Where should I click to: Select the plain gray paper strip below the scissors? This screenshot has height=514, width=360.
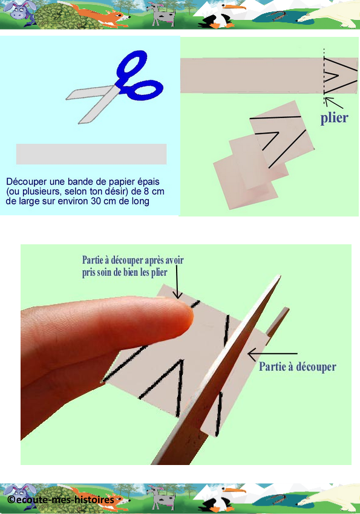coord(91,154)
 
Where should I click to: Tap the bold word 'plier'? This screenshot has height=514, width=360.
coord(334,118)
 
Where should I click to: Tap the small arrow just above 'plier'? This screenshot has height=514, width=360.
coord(334,103)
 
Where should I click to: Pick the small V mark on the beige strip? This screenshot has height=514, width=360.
coord(334,76)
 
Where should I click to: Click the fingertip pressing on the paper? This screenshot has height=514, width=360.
coord(178,314)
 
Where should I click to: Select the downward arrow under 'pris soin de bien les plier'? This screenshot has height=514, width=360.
coord(177,282)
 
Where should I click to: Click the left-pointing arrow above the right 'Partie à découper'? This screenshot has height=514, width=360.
coord(272,354)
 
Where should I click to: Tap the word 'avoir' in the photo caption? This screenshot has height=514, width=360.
coord(174,260)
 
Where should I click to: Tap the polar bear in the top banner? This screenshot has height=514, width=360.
coord(331,15)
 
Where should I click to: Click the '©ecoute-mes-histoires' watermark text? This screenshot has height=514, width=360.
coord(61,499)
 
